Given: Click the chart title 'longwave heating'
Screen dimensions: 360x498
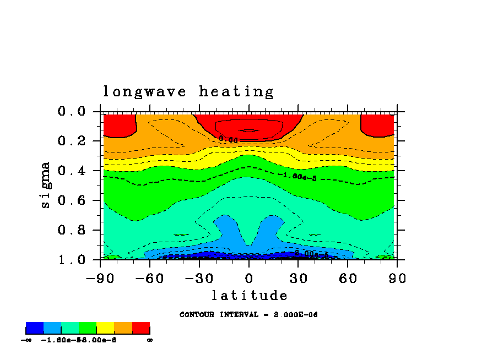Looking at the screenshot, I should (188, 92).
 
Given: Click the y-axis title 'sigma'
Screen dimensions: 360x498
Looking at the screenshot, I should (46, 185).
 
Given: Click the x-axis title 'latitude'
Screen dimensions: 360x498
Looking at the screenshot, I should (249, 296).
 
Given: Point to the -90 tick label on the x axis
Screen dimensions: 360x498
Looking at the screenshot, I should (100, 278).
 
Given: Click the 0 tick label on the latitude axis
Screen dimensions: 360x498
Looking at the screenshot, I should (249, 278).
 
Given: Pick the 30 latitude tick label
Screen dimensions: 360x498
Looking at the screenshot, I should (298, 278).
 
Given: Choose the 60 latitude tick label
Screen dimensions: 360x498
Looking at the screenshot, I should (348, 278).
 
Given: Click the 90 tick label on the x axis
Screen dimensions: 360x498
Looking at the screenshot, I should (397, 278).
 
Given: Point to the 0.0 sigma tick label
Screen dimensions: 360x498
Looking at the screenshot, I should (72, 112).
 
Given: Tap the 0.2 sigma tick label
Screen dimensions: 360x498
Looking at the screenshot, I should (72, 141).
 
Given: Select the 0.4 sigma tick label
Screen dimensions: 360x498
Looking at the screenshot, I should (72, 171).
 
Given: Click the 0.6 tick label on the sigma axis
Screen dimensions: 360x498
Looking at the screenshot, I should (72, 201).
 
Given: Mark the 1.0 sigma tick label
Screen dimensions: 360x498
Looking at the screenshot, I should (72, 260).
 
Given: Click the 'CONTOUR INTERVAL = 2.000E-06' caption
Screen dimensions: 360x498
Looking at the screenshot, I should (248, 315).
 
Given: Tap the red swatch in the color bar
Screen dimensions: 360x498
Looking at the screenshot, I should (141, 329).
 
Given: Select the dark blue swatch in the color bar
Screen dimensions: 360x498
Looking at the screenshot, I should (35, 329).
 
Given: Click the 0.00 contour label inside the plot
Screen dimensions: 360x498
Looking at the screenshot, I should (228, 139).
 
